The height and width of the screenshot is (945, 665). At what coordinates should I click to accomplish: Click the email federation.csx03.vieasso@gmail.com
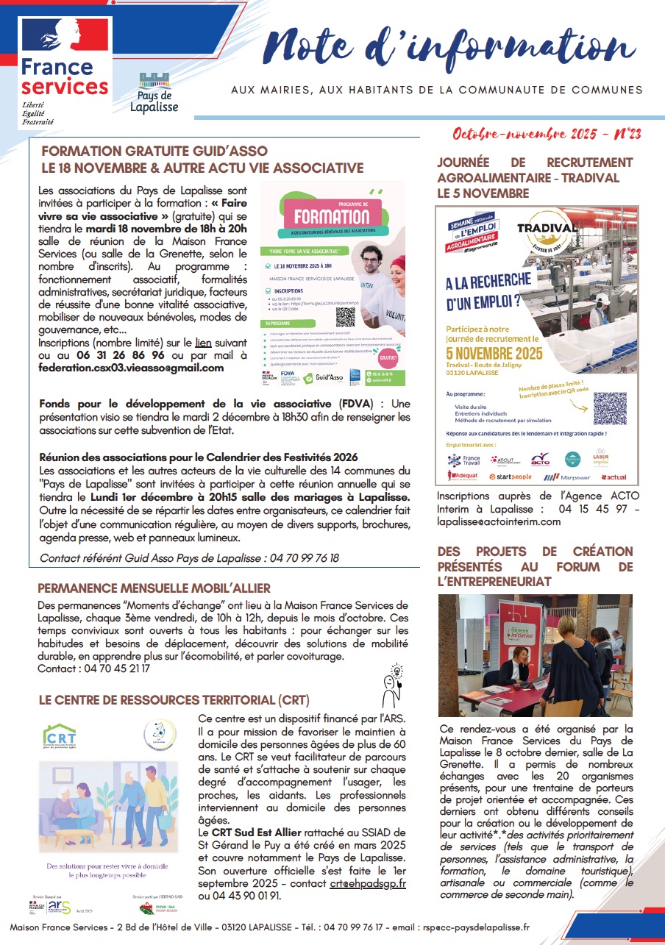click(x=131, y=368)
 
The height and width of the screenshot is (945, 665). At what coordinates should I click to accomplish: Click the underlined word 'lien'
click(x=203, y=343)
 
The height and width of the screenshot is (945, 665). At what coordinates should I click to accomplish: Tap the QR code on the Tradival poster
click(x=610, y=409)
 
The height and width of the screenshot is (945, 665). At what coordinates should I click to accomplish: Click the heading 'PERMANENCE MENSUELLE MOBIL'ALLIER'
click(x=154, y=588)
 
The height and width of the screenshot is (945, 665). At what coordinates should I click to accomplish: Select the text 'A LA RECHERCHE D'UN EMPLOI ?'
click(x=488, y=290)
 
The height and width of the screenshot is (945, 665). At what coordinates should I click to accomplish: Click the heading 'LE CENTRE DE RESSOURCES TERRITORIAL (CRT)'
click(x=174, y=699)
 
